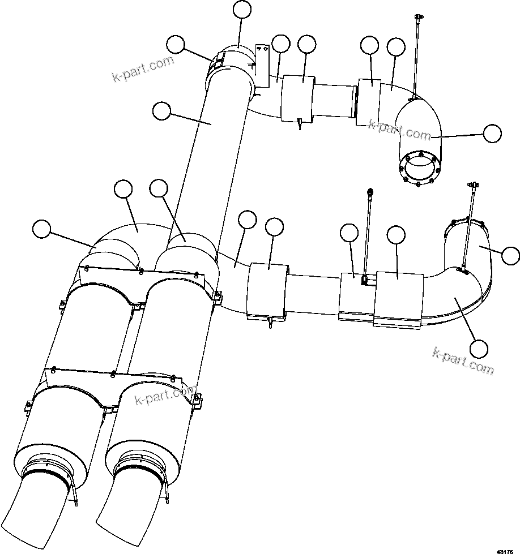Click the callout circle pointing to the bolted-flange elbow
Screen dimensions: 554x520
tap(492, 134)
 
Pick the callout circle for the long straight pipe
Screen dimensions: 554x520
tap(162, 111)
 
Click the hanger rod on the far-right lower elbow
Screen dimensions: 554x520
tap(468, 226)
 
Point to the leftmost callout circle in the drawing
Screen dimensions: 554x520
tap(41, 229)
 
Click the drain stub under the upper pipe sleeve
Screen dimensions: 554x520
tap(299, 124)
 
